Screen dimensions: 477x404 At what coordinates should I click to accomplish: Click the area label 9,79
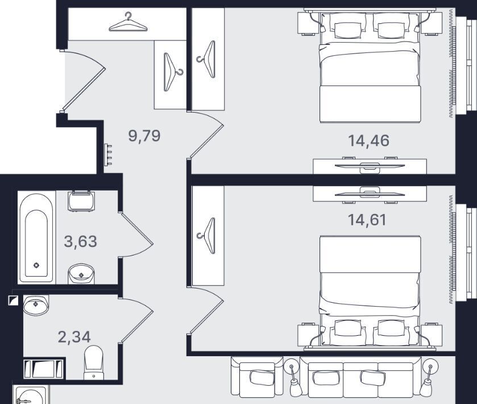point(144,135)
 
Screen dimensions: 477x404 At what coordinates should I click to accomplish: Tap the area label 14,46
point(368,141)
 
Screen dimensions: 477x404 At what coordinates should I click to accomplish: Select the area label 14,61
point(367,220)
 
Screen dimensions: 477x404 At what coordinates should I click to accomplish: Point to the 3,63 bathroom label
point(81,241)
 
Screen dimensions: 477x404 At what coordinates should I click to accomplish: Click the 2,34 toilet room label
point(74,337)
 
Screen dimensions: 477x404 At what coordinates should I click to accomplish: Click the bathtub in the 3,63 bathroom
point(36,238)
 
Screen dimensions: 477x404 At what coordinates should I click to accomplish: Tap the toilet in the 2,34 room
point(93,362)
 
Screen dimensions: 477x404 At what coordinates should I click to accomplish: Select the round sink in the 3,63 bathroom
point(81,274)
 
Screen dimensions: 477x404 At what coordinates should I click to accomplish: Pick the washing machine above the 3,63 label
point(81,201)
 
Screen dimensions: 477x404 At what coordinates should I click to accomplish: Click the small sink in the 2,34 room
point(36,305)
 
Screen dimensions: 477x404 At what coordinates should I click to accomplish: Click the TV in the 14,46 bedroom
point(370,166)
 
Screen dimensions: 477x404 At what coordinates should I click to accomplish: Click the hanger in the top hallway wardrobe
point(128,22)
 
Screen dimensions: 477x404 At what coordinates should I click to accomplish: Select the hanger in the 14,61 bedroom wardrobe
point(208,236)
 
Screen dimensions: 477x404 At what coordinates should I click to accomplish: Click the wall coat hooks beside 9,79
point(108,155)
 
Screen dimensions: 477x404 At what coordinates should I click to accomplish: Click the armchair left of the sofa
point(257,377)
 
